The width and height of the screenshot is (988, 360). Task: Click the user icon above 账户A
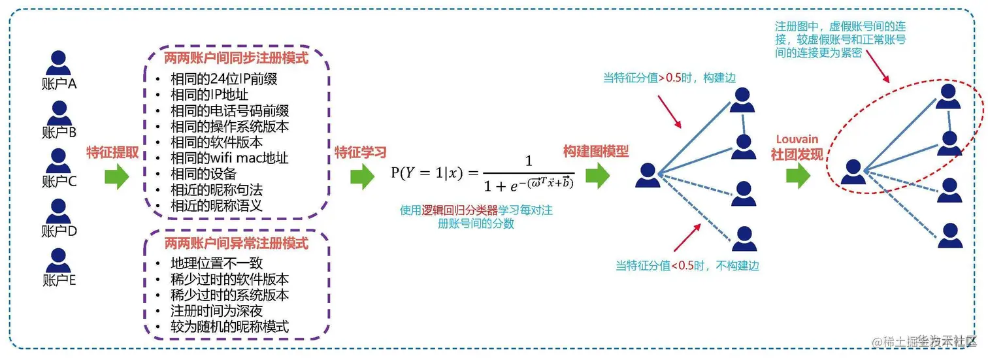click(59, 63)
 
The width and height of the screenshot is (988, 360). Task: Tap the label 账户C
click(59, 181)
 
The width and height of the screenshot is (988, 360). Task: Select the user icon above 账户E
click(59, 260)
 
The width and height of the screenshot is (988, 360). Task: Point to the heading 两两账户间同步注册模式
click(237, 57)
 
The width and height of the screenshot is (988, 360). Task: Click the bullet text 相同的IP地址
click(209, 95)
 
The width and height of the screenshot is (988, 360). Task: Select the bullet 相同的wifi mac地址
click(229, 158)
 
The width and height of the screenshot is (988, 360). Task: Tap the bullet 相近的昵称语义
click(216, 205)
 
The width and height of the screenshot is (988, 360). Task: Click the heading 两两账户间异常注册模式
click(236, 244)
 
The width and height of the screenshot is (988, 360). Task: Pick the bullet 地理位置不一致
click(216, 263)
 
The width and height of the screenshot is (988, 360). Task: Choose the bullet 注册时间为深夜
click(216, 310)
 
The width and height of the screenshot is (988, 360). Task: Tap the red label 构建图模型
click(596, 152)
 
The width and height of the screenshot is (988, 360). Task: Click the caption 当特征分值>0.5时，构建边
click(669, 78)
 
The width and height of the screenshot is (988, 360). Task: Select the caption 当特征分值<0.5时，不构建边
click(687, 266)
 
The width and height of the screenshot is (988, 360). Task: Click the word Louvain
click(797, 140)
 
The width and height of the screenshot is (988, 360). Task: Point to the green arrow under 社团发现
click(797, 176)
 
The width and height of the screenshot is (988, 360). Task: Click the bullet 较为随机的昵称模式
click(229, 326)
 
